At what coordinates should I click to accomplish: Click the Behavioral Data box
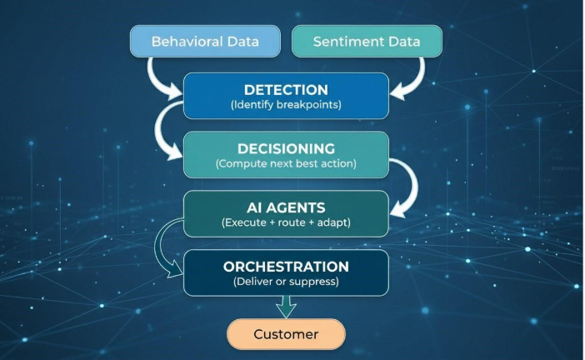[x=205, y=41]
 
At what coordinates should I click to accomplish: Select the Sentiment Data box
[x=367, y=41]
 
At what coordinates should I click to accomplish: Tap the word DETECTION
[x=286, y=89]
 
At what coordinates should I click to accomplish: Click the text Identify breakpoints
[x=286, y=105]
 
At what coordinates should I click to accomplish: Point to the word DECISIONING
[x=286, y=148]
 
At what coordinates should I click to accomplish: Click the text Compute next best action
[x=286, y=164]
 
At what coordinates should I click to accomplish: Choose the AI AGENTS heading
[x=286, y=207]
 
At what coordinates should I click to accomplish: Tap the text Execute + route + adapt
[x=286, y=223]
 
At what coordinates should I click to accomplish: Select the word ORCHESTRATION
[x=286, y=267]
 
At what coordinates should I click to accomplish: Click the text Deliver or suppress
[x=286, y=282]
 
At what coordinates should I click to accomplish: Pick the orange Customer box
[x=286, y=334]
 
